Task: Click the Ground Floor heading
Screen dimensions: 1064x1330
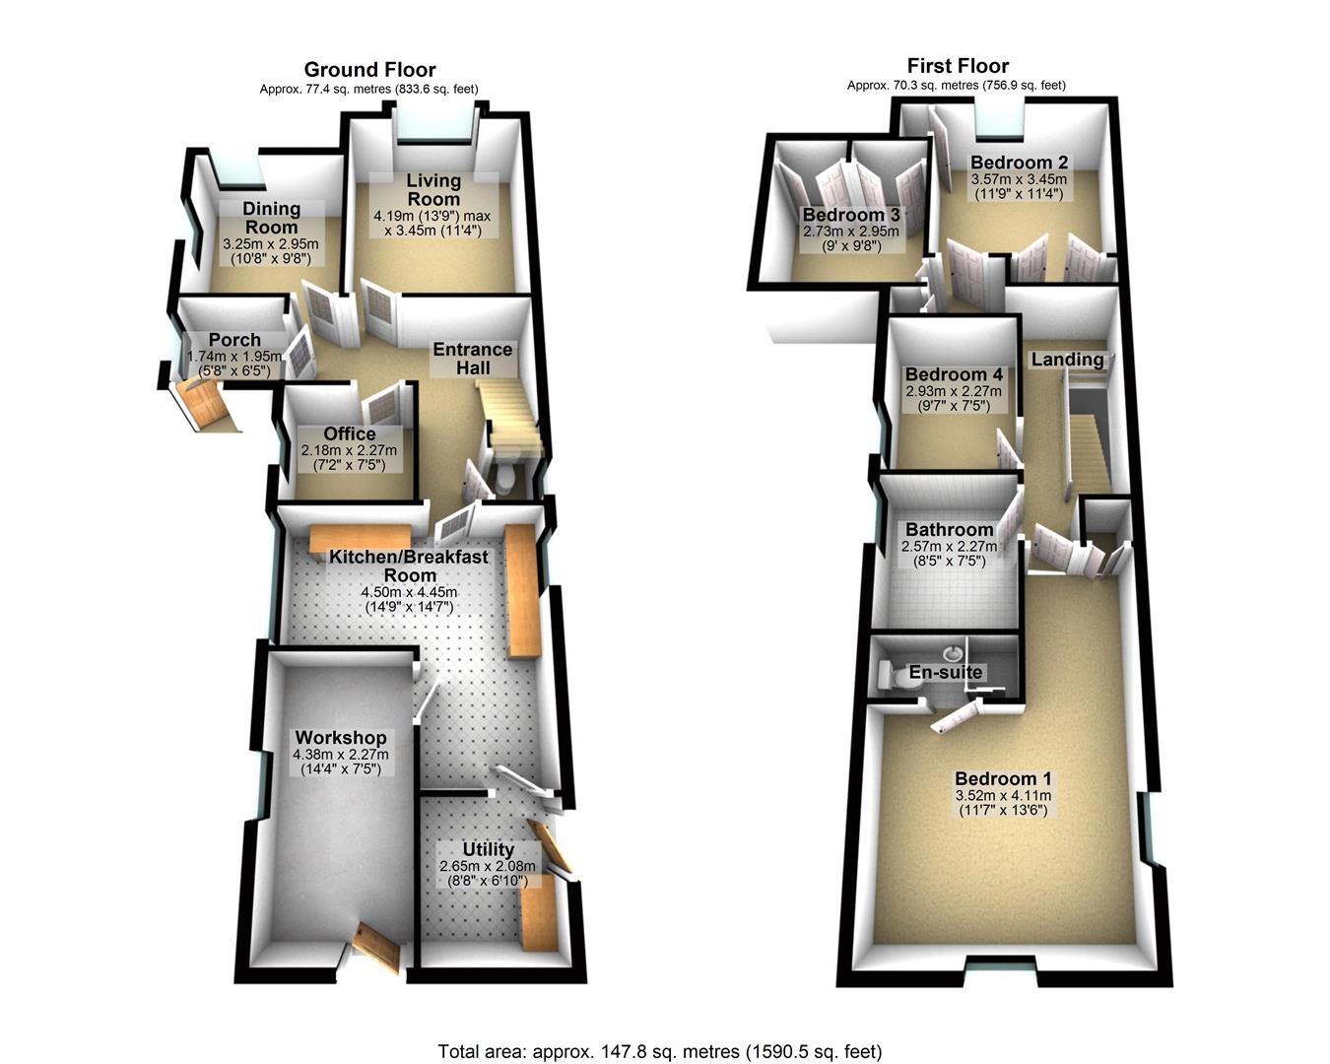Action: pyautogui.click(x=369, y=69)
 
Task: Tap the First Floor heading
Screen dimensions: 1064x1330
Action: pyautogui.click(x=958, y=66)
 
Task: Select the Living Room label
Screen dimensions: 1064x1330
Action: pyautogui.click(x=433, y=190)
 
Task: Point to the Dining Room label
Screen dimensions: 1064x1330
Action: pyautogui.click(x=271, y=218)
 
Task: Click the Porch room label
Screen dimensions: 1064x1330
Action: pyautogui.click(x=234, y=341)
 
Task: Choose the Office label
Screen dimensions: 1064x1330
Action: pyautogui.click(x=350, y=434)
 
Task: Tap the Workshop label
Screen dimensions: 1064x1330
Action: pyautogui.click(x=341, y=738)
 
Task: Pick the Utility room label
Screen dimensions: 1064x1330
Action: pyautogui.click(x=489, y=849)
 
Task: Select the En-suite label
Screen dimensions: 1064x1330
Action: pyautogui.click(x=946, y=673)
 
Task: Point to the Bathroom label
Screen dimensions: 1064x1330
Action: pyautogui.click(x=950, y=530)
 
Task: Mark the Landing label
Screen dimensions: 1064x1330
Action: pyautogui.click(x=1067, y=360)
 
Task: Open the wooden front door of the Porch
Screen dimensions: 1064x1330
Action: pyautogui.click(x=205, y=404)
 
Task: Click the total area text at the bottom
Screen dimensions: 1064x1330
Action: pyautogui.click(x=660, y=1051)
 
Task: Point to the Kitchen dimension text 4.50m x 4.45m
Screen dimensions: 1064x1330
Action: pyautogui.click(x=410, y=592)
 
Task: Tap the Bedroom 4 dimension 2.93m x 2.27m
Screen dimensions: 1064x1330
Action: pyautogui.click(x=954, y=390)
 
